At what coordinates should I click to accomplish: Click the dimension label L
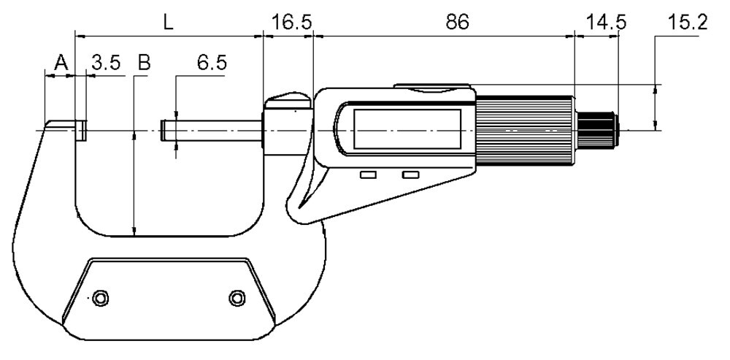169,23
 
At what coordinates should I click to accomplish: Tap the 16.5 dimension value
291,23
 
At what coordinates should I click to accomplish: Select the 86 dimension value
457,23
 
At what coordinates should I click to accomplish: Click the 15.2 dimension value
687,23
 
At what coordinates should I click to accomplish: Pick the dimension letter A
61,62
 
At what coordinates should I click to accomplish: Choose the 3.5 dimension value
105,62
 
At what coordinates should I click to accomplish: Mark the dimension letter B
145,62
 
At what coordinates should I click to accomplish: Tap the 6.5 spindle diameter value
212,62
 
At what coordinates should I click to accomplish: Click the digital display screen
407,129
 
